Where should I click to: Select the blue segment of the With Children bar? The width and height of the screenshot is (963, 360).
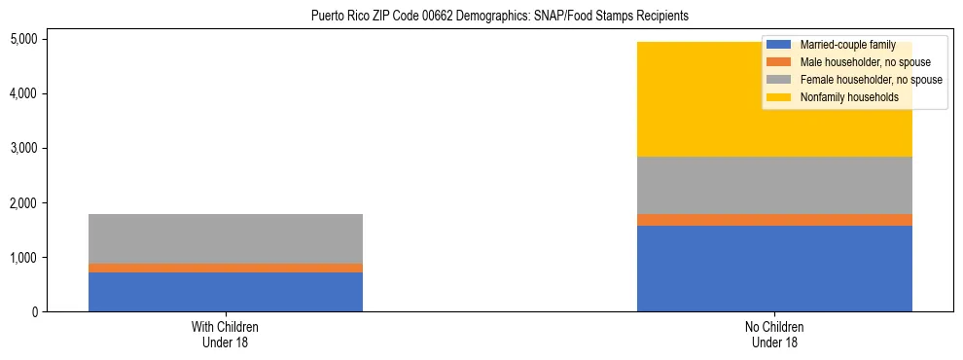coord(226,292)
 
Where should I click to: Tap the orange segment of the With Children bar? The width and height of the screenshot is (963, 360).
coord(226,268)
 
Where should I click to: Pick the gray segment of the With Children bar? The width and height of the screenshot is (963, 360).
coord(226,238)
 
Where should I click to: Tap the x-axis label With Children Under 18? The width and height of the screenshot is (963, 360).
coord(226,335)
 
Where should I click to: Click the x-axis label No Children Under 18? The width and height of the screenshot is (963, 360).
coord(774,335)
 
